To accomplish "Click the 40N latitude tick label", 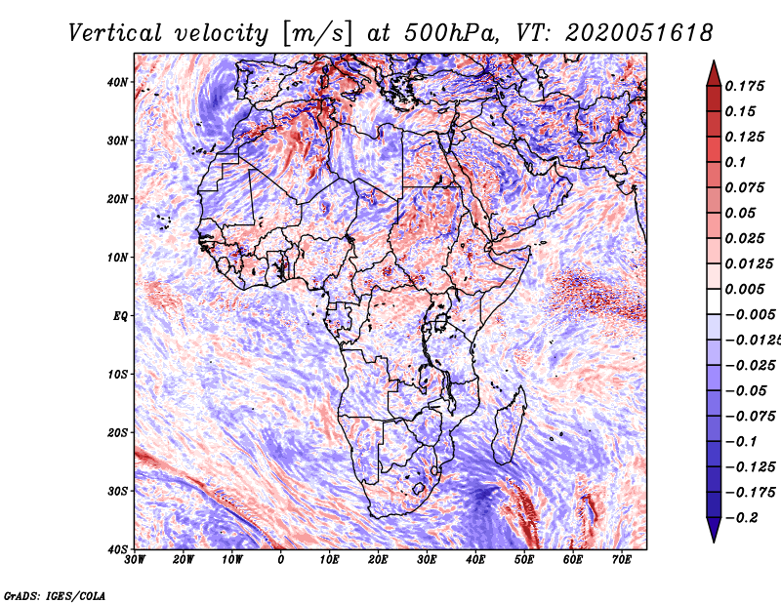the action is coord(117,82).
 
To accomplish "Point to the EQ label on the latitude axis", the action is coord(120,316).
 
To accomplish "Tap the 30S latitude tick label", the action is coord(117,491).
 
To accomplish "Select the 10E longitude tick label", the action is coord(329,560).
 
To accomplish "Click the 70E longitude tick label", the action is coord(622,560).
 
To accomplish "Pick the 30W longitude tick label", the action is coord(135,560).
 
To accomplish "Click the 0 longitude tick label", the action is coord(281,560).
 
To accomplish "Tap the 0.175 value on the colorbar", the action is coord(745,87).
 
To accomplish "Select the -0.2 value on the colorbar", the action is coord(742,518).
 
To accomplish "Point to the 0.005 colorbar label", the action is coord(745,289).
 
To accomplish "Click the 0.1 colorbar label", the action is coord(736,162).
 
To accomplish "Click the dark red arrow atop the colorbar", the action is coord(714,74).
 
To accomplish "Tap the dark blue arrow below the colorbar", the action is coord(714,530).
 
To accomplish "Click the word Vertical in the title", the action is coord(115,33).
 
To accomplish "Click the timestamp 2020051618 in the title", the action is coord(639,33).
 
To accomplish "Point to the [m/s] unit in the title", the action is coord(317,33).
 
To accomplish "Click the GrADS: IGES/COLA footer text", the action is coord(55,596).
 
